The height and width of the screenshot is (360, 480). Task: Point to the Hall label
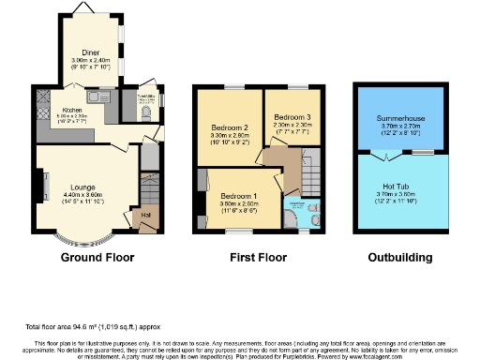point(146,216)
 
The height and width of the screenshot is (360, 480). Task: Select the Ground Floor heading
point(97,257)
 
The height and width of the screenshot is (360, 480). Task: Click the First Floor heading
point(257,257)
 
